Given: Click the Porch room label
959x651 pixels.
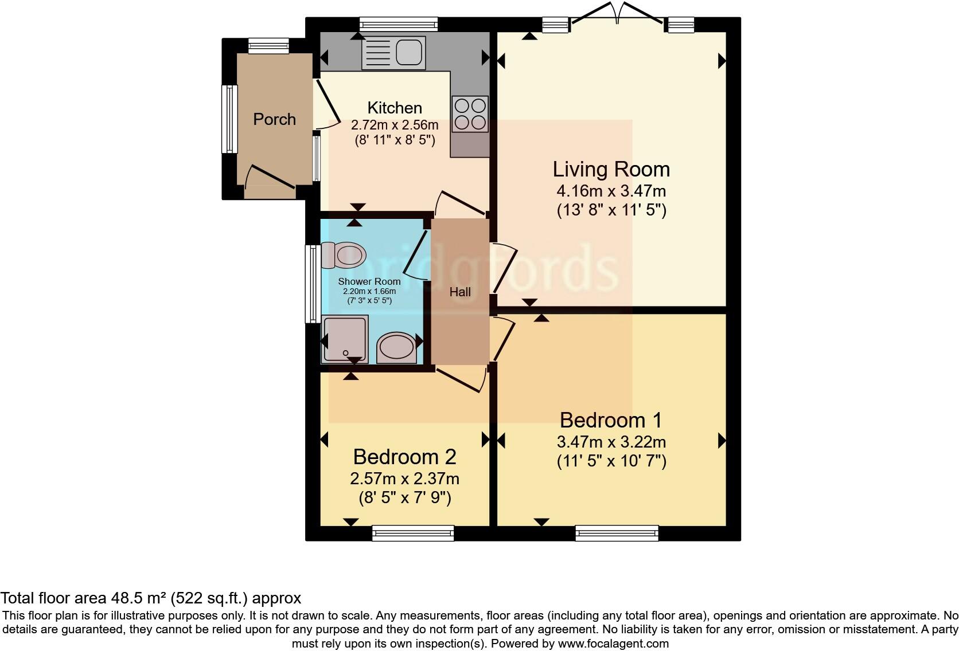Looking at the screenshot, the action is coord(274,119).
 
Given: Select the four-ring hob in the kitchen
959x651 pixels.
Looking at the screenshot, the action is coord(470,114).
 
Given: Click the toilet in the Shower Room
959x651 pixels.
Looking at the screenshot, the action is coord(344,256).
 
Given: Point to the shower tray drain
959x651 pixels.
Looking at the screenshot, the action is coord(345,354).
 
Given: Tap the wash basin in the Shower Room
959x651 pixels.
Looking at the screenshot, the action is coord(396,347).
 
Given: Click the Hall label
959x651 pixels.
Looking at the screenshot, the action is coord(460,292).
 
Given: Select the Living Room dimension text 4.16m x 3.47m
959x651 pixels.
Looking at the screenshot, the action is coord(611,191).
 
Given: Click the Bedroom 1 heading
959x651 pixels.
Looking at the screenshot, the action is coord(611,420).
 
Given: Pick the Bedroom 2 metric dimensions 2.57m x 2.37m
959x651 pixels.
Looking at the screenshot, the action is coord(404,479).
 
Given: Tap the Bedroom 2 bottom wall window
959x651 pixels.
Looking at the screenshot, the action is coord(413,533).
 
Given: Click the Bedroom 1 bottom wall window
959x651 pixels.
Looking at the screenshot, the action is coord(617,533).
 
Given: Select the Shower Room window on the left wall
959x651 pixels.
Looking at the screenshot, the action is coord(313,284).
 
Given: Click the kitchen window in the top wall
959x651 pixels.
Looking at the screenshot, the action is coord(399,24).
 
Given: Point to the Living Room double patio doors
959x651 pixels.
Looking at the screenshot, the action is coord(617,13).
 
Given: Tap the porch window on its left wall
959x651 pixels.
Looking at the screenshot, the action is coord(229,119).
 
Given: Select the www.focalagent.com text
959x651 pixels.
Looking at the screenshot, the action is coord(613,644).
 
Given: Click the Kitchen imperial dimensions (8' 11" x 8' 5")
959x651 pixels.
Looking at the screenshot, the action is coord(395,140).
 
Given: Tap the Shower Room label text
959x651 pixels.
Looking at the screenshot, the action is coord(369,281).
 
